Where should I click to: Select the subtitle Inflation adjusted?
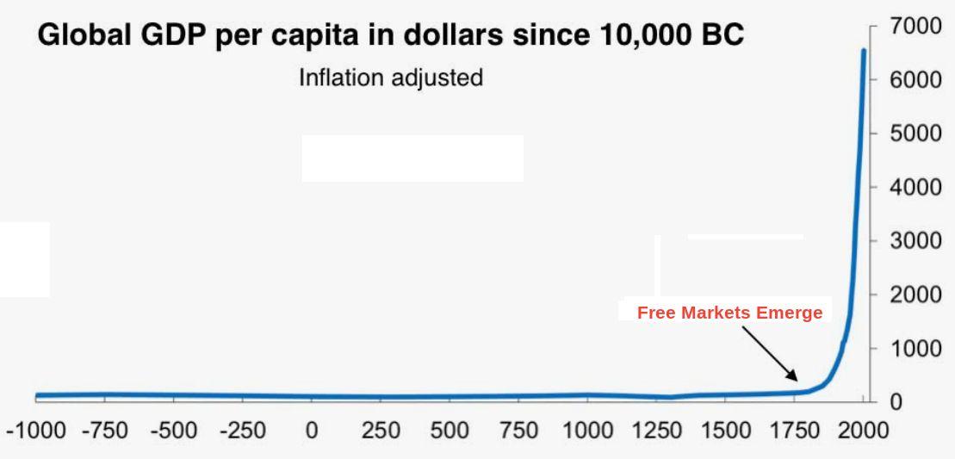pyautogui.click(x=391, y=78)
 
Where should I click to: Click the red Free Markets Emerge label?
pyautogui.click(x=729, y=313)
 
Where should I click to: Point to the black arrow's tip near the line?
pyautogui.click(x=797, y=380)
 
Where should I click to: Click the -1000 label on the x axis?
pyautogui.click(x=36, y=431)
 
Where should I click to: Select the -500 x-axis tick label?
pyautogui.click(x=174, y=431)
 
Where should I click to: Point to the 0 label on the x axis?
pyautogui.click(x=312, y=431)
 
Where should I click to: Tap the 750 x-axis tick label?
pyautogui.click(x=518, y=431)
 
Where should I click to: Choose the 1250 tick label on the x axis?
pyautogui.click(x=656, y=431)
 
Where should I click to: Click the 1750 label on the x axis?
pyautogui.click(x=794, y=431)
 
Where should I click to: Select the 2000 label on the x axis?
pyautogui.click(x=863, y=431)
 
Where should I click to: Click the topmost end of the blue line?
pyautogui.click(x=863, y=51)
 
